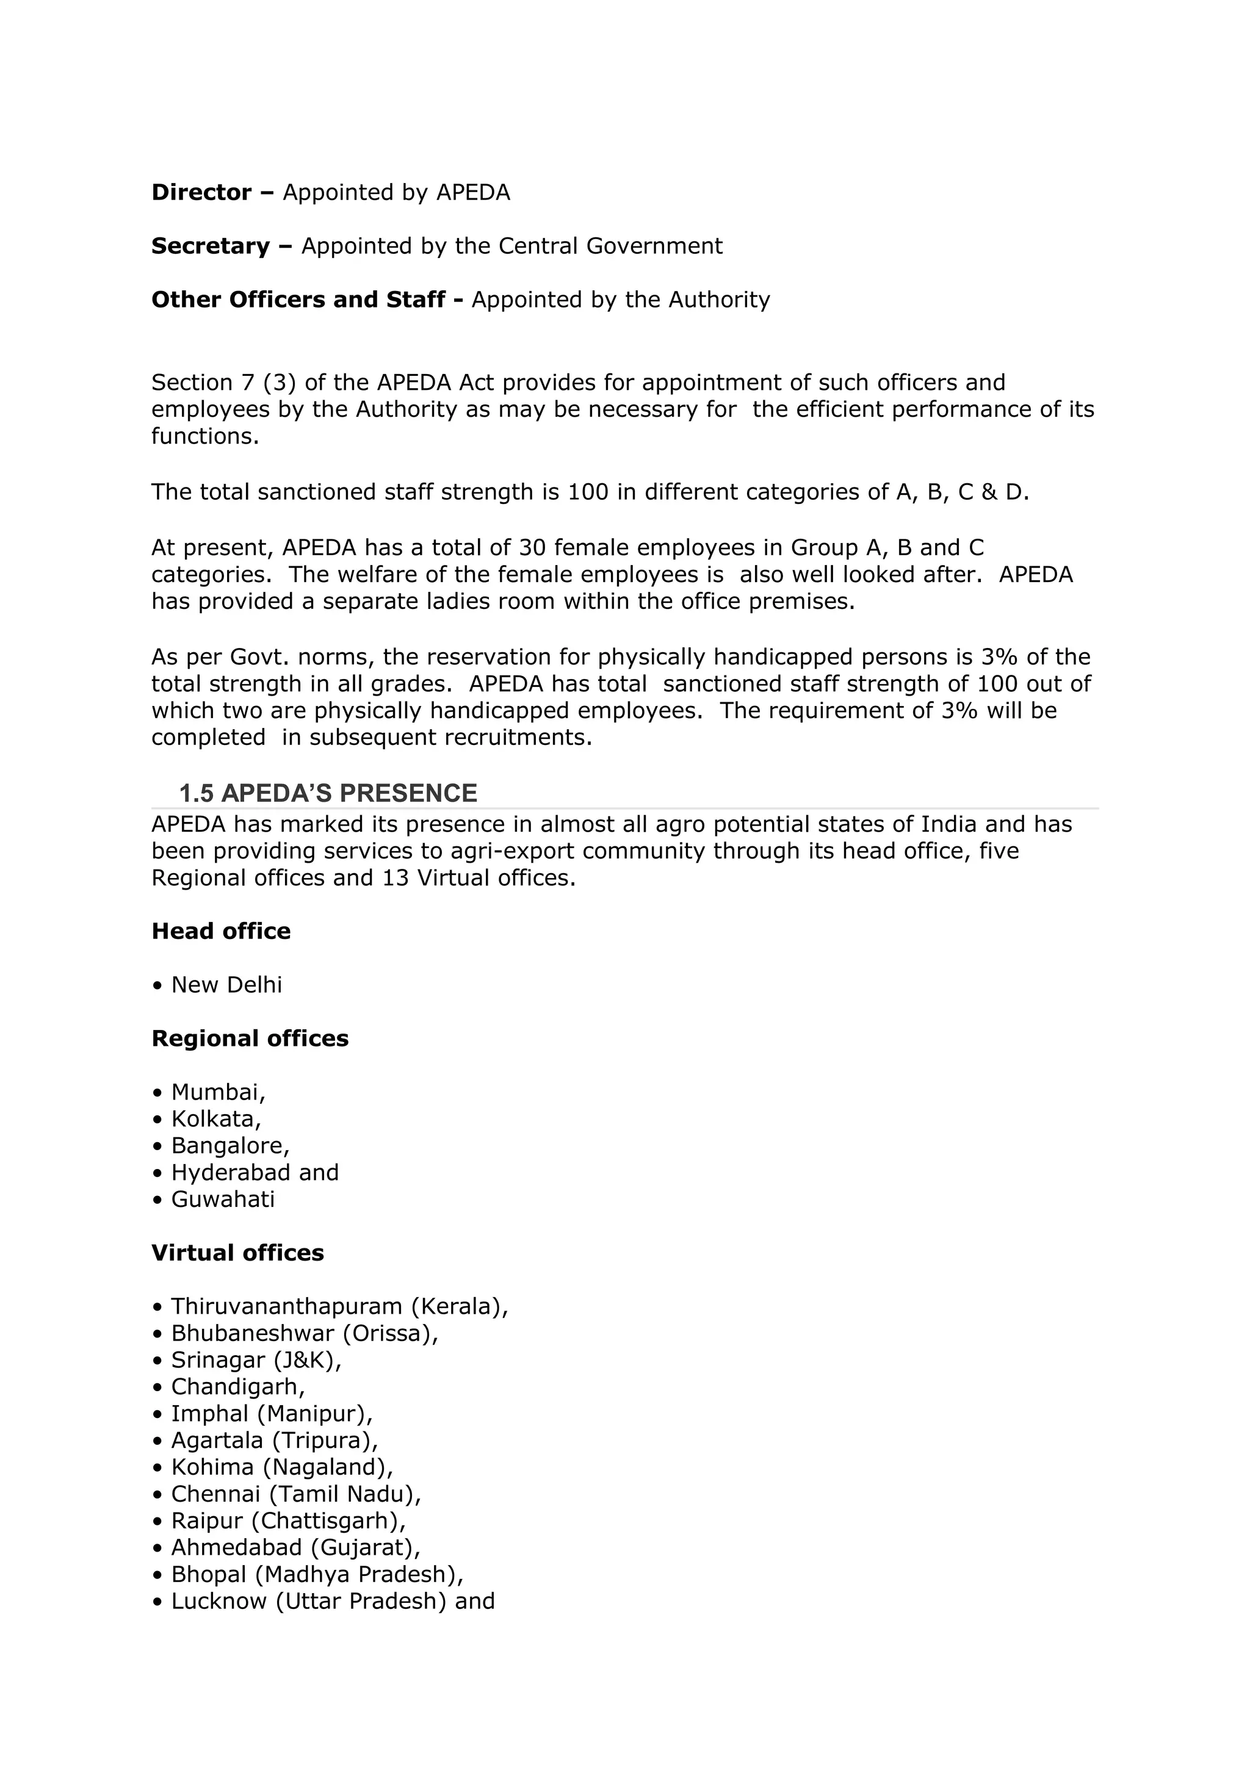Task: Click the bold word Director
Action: coord(201,192)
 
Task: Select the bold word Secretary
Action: coord(210,247)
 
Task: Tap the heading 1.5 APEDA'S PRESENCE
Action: coord(328,793)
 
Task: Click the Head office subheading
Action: coord(221,931)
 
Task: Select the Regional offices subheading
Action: coord(250,1039)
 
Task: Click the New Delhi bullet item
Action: coord(226,985)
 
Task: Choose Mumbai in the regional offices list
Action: coord(218,1092)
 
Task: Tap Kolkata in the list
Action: coord(215,1119)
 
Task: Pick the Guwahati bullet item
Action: coord(222,1199)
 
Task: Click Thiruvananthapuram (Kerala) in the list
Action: coord(339,1307)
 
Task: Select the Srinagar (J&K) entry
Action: coord(256,1360)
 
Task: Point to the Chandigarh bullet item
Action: coord(237,1387)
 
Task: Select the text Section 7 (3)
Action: coord(223,383)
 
